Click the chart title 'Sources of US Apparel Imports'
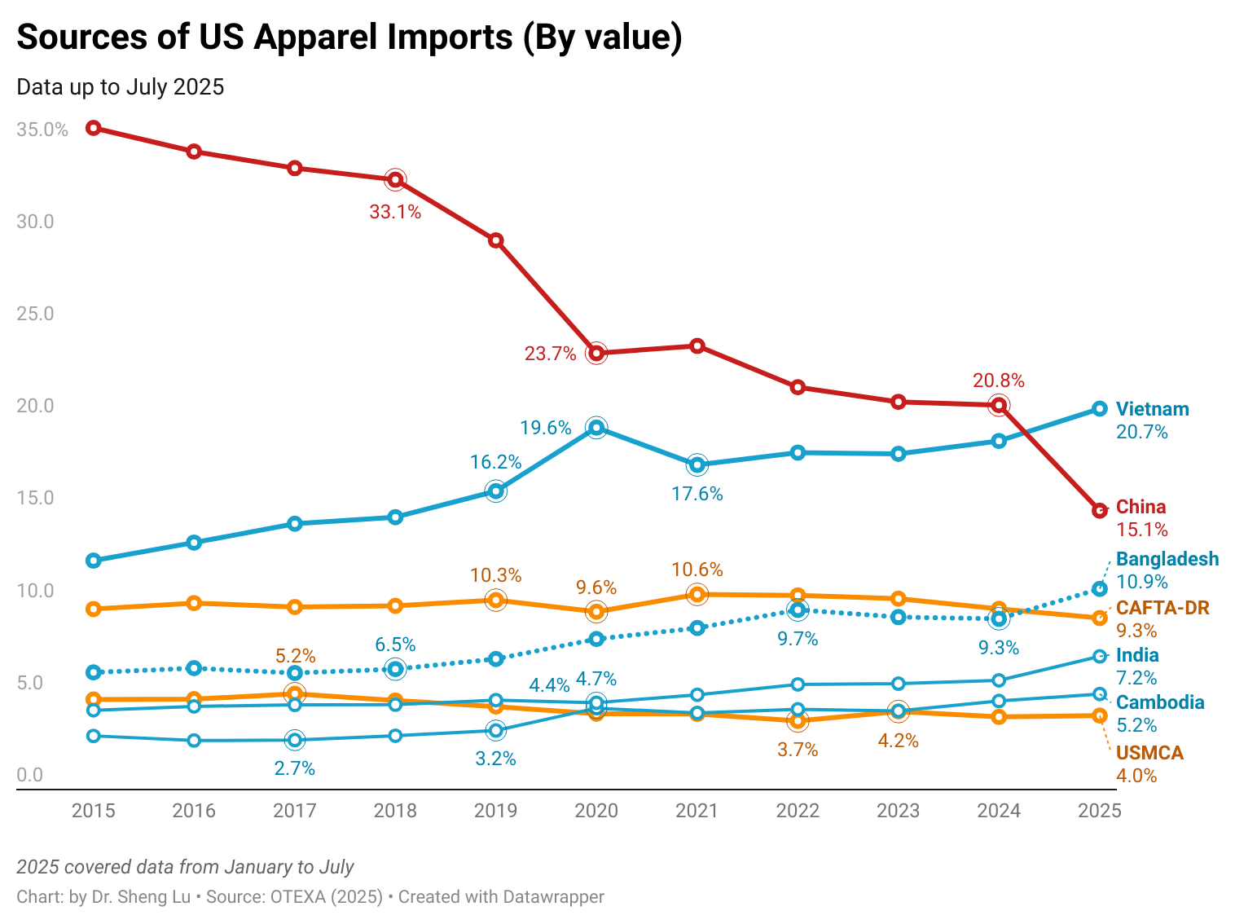pos(349,37)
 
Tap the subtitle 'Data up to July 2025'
pos(121,87)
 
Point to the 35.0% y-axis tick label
pos(42,130)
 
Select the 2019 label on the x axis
pos(495,811)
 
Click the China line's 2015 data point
pos(94,128)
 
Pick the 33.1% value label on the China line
pos(395,213)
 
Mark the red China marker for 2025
pos(1099,511)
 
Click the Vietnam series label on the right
pos(1152,409)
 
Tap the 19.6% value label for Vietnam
pos(546,428)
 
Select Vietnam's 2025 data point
pos(1099,409)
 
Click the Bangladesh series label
pos(1167,559)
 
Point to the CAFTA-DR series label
pos(1162,608)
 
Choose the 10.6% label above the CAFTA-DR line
pos(697,570)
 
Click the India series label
pos(1137,655)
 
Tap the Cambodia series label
pos(1159,702)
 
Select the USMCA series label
pos(1149,753)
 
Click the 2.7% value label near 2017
pos(295,768)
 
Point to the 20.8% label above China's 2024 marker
pos(999,381)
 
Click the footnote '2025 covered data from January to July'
pos(185,867)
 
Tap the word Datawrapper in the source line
pos(553,897)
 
